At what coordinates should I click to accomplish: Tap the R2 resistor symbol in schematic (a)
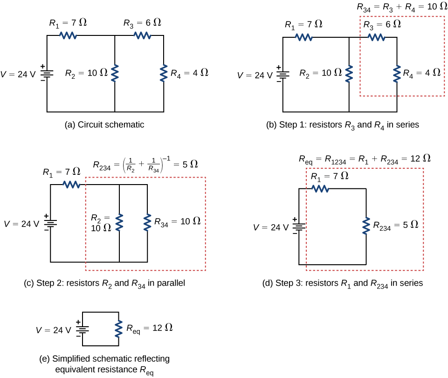coord(115,74)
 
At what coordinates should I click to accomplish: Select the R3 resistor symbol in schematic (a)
coord(142,35)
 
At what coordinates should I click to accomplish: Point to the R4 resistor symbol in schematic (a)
coord(164,74)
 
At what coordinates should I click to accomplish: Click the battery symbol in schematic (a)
coord(47,74)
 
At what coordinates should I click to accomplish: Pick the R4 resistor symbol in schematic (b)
coord(397,74)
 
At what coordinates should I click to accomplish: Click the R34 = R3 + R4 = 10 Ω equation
coord(402,7)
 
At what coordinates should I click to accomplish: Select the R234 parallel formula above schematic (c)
coord(145,164)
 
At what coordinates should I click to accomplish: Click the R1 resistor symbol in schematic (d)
coord(320,188)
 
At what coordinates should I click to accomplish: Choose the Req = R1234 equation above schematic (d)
coord(364,158)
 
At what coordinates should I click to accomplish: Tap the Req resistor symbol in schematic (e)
coord(118,329)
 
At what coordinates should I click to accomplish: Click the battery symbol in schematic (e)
coord(83,329)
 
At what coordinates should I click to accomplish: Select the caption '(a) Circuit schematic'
coord(104,125)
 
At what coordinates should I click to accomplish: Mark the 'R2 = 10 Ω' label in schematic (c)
coord(101,223)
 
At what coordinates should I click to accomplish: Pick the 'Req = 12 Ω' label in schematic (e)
coord(150,328)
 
